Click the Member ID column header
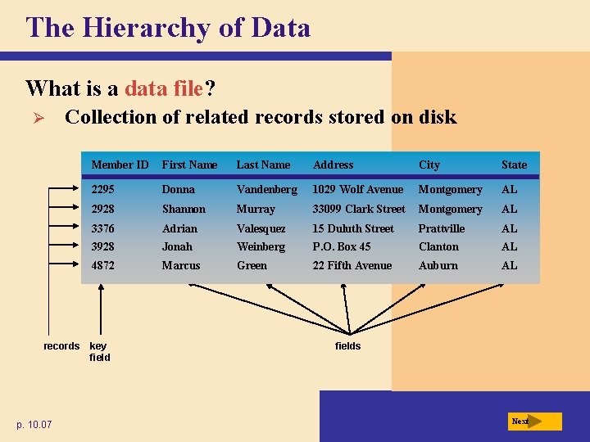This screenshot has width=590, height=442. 120,165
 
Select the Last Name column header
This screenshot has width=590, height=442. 263,165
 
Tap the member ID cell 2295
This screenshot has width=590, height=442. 102,189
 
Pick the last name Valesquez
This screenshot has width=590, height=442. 261,228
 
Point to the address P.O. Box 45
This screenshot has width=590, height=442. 341,246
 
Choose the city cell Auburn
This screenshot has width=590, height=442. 438,265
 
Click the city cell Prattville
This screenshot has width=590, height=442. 441,228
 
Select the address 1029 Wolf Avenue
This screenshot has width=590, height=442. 357,189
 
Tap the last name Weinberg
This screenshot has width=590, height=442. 261,246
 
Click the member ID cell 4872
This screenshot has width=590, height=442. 102,265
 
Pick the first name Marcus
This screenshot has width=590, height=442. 180,265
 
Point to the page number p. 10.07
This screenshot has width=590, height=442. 34,424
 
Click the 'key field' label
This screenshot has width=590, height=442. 99,351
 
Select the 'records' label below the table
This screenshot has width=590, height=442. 61,346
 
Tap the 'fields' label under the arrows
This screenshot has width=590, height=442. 347,346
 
